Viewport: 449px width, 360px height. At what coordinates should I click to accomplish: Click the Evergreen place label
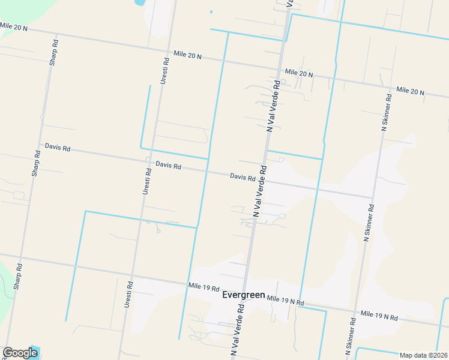point(243,295)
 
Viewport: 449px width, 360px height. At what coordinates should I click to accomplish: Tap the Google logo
point(20,353)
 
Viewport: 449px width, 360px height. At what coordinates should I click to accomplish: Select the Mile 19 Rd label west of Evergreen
point(203,288)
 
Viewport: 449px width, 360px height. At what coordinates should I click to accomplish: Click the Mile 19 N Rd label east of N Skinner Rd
point(379,315)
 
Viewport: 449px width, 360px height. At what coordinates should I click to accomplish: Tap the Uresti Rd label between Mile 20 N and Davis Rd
point(164,70)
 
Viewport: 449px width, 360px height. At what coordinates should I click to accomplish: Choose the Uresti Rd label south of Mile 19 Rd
point(128,295)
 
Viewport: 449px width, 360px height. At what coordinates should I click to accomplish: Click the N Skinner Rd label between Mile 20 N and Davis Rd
point(386,113)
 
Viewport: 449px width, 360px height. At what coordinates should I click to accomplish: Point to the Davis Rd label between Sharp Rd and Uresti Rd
point(58,147)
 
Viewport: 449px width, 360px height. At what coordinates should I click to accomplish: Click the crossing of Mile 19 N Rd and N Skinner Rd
point(355,311)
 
